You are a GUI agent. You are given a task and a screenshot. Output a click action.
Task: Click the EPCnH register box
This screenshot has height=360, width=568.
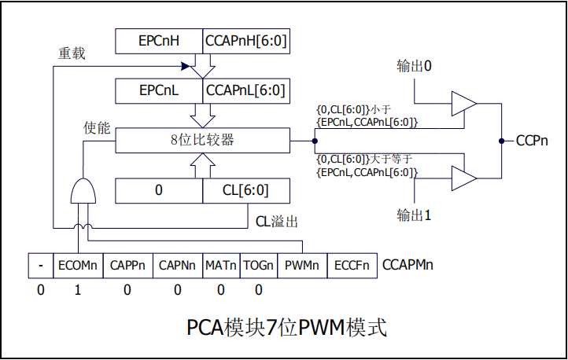point(159,41)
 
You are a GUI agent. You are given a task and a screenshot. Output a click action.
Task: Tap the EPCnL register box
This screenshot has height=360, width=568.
point(159,90)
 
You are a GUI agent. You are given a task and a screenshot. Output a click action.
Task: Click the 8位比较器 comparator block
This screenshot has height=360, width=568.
point(202,141)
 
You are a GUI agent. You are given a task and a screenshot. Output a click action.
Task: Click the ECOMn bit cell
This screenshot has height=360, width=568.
point(78,265)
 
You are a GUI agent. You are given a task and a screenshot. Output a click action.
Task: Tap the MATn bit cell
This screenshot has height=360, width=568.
point(221,265)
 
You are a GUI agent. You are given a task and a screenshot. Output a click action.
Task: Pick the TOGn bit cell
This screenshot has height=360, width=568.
point(258,265)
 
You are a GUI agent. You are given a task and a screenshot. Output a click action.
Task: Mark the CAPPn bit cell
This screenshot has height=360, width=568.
point(127,265)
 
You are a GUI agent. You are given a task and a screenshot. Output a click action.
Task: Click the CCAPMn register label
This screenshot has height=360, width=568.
point(408,265)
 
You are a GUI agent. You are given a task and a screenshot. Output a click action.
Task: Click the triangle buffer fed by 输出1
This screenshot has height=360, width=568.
point(463,179)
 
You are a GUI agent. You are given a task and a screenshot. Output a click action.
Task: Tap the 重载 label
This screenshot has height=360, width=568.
point(72,53)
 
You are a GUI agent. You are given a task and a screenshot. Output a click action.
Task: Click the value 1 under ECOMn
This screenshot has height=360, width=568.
point(77,291)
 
